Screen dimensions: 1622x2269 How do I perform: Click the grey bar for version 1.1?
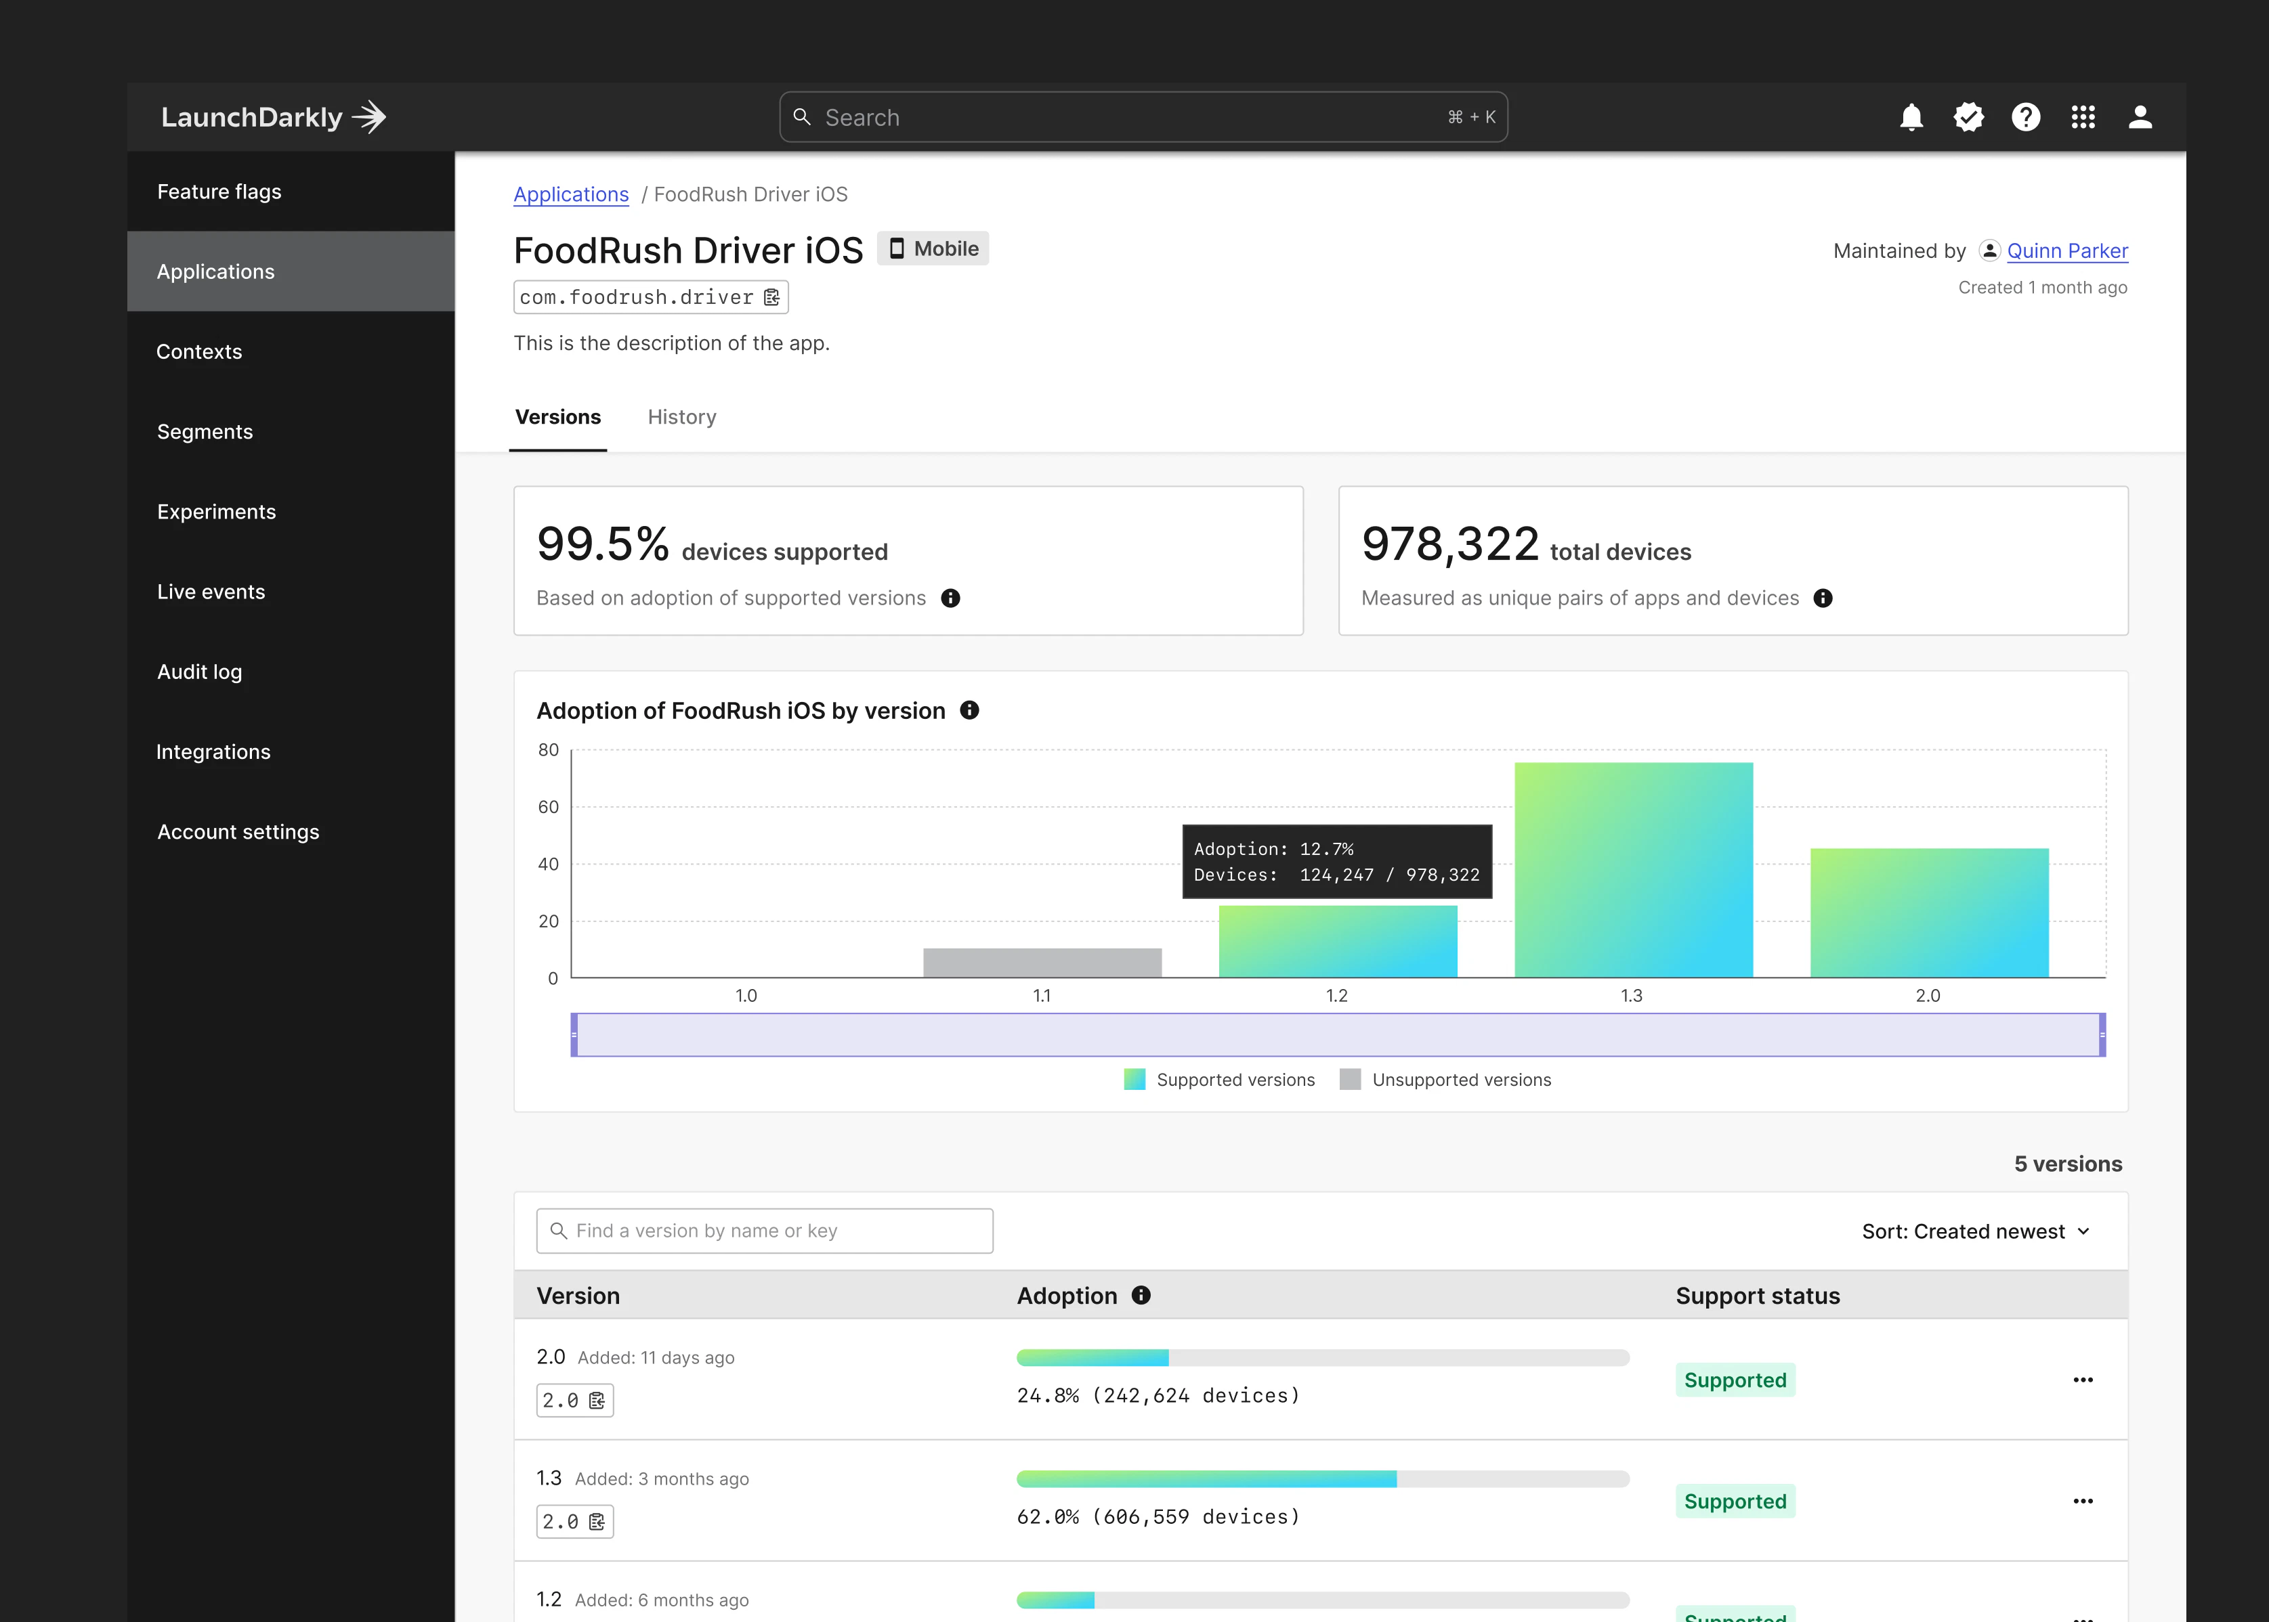(x=1042, y=962)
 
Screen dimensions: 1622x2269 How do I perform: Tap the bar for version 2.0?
(x=1928, y=912)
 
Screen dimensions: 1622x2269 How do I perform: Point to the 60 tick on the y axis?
(x=549, y=807)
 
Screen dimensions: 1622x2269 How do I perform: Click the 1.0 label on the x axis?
(x=746, y=996)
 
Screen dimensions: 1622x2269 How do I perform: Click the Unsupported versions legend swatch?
(x=1350, y=1080)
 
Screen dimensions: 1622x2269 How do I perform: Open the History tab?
(x=681, y=418)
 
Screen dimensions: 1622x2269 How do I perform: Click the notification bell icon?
(x=1910, y=118)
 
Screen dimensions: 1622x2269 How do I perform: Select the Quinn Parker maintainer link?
(x=2066, y=250)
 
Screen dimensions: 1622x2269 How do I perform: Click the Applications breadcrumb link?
(x=570, y=195)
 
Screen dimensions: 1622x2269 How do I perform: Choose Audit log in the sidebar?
(x=200, y=672)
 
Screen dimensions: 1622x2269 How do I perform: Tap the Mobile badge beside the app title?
(x=933, y=248)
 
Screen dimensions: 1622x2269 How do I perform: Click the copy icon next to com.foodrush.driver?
(x=771, y=298)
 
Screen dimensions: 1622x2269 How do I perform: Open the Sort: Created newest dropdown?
(x=1975, y=1231)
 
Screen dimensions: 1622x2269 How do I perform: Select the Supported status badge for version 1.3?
(x=1735, y=1501)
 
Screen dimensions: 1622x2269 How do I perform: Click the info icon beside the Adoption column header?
(x=1141, y=1296)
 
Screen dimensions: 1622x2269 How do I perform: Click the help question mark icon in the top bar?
(x=2025, y=118)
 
